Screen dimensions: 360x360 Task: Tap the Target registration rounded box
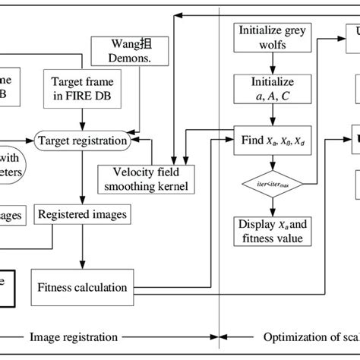[83, 141]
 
